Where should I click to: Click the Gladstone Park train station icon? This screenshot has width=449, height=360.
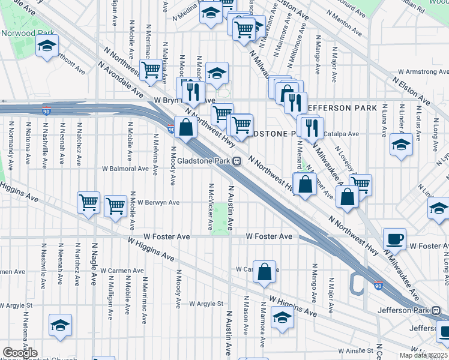[x=238, y=161]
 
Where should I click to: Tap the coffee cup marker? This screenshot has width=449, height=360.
[x=394, y=239]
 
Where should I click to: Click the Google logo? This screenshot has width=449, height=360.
[x=20, y=353]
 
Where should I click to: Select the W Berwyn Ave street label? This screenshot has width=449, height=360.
[x=158, y=203]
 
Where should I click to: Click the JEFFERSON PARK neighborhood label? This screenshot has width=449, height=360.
[x=342, y=108]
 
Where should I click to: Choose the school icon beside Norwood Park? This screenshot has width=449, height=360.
[x=46, y=46]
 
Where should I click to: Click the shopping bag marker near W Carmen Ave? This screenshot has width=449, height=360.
[x=264, y=272]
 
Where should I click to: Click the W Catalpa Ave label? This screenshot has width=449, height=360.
[x=341, y=134]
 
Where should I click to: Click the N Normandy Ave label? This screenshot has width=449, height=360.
[x=10, y=143]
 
